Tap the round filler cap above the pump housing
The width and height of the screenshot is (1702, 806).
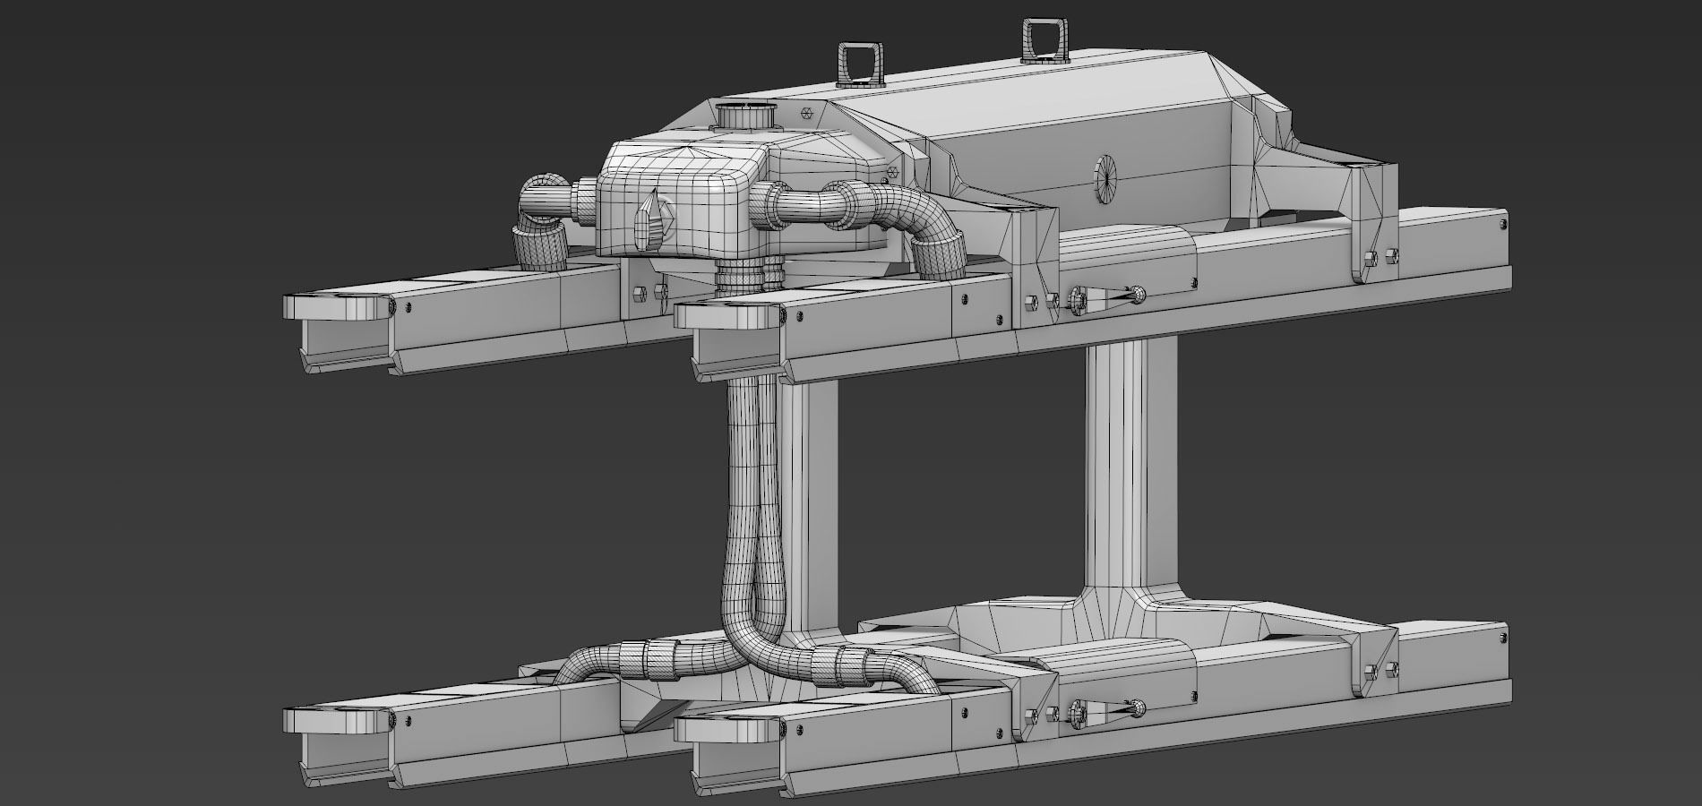tap(746, 117)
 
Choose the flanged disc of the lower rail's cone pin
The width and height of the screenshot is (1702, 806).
tap(1078, 712)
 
